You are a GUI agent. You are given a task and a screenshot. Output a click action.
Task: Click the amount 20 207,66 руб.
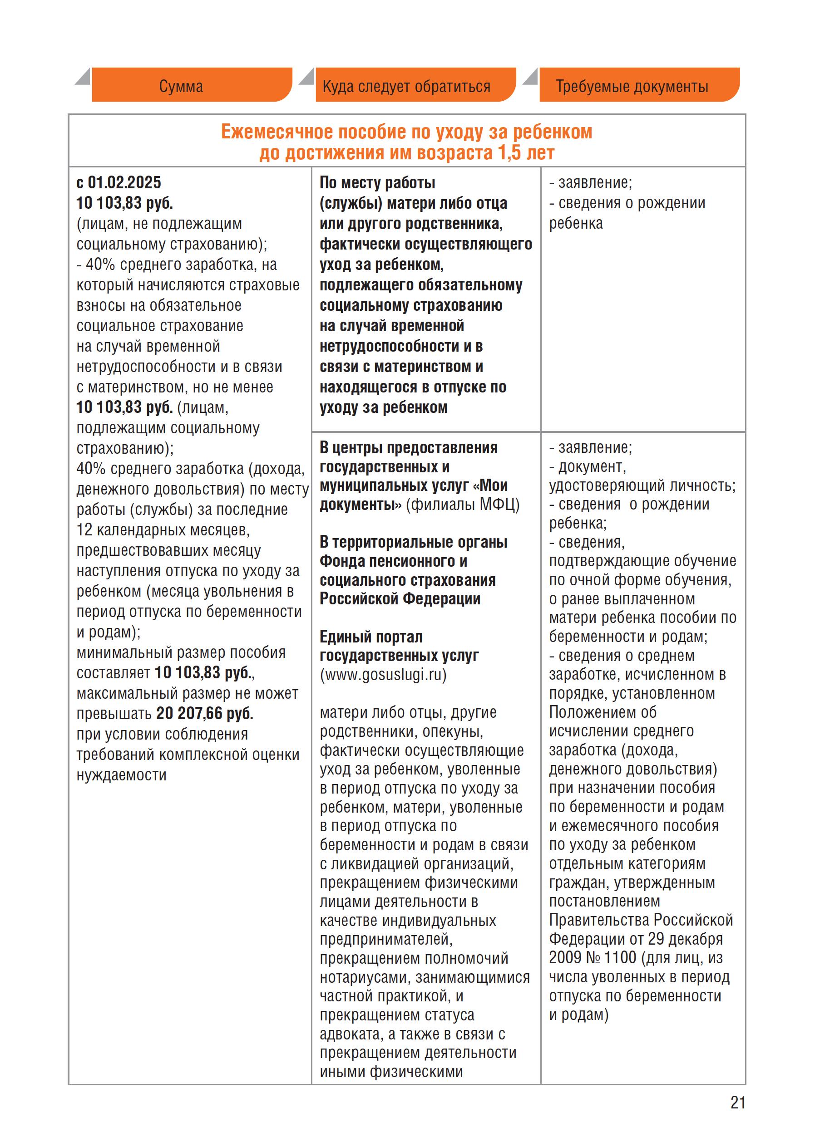click(x=204, y=713)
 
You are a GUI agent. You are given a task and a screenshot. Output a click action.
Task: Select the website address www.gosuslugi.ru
click(x=383, y=675)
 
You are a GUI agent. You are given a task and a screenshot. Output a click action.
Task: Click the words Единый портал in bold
click(x=371, y=637)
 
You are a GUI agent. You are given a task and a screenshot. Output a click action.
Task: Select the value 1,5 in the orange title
click(x=509, y=153)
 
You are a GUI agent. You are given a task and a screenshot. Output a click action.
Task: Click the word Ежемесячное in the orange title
click(x=277, y=132)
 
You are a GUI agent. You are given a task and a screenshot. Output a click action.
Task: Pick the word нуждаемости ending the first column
click(x=121, y=775)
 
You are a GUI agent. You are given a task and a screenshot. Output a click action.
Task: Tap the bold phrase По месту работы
click(x=377, y=182)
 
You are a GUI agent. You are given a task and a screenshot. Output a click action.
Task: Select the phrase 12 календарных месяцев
click(x=163, y=530)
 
